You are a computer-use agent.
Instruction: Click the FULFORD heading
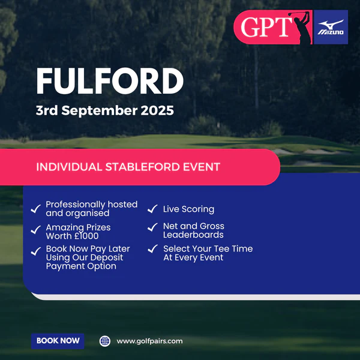(x=110, y=81)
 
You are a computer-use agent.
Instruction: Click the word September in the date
(x=100, y=111)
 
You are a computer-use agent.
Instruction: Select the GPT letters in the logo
(x=266, y=27)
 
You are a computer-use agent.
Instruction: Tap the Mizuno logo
(x=331, y=27)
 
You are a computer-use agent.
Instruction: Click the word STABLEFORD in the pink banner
(x=143, y=167)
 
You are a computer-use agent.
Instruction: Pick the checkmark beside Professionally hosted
(x=36, y=209)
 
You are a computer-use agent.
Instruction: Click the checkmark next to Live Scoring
(x=152, y=209)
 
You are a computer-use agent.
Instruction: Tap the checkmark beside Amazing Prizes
(x=36, y=230)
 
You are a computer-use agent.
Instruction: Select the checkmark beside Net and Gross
(x=152, y=227)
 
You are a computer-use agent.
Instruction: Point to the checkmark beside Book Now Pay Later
(x=36, y=251)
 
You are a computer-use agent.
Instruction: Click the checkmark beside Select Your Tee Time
(x=152, y=248)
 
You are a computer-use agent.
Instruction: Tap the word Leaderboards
(x=193, y=235)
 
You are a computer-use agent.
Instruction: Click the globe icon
(x=104, y=341)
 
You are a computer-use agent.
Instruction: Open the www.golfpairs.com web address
(x=149, y=341)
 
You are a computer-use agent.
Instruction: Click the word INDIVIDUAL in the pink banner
(x=69, y=167)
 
